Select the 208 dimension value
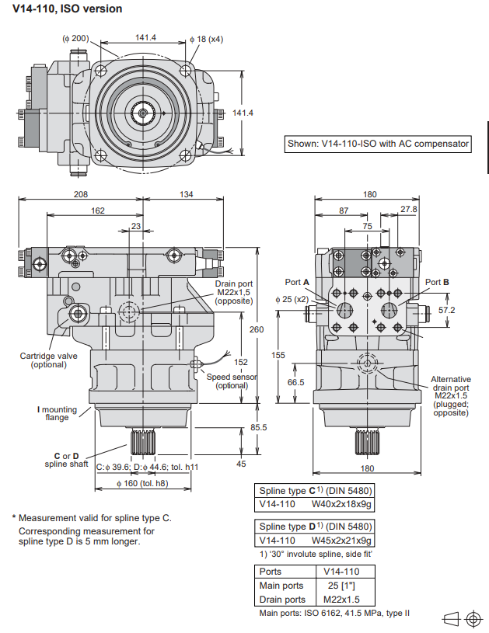point(81,194)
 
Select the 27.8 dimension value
point(410,210)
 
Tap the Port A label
point(297,282)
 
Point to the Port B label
point(437,282)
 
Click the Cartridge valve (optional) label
point(44,360)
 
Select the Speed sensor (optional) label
point(232,381)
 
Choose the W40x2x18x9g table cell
point(342,503)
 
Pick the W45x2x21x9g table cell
point(342,540)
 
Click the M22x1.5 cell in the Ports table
point(342,599)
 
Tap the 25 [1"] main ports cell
point(342,585)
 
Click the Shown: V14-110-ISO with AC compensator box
point(379,143)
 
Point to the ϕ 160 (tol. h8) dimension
point(142,484)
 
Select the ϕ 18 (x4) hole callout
point(206,38)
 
